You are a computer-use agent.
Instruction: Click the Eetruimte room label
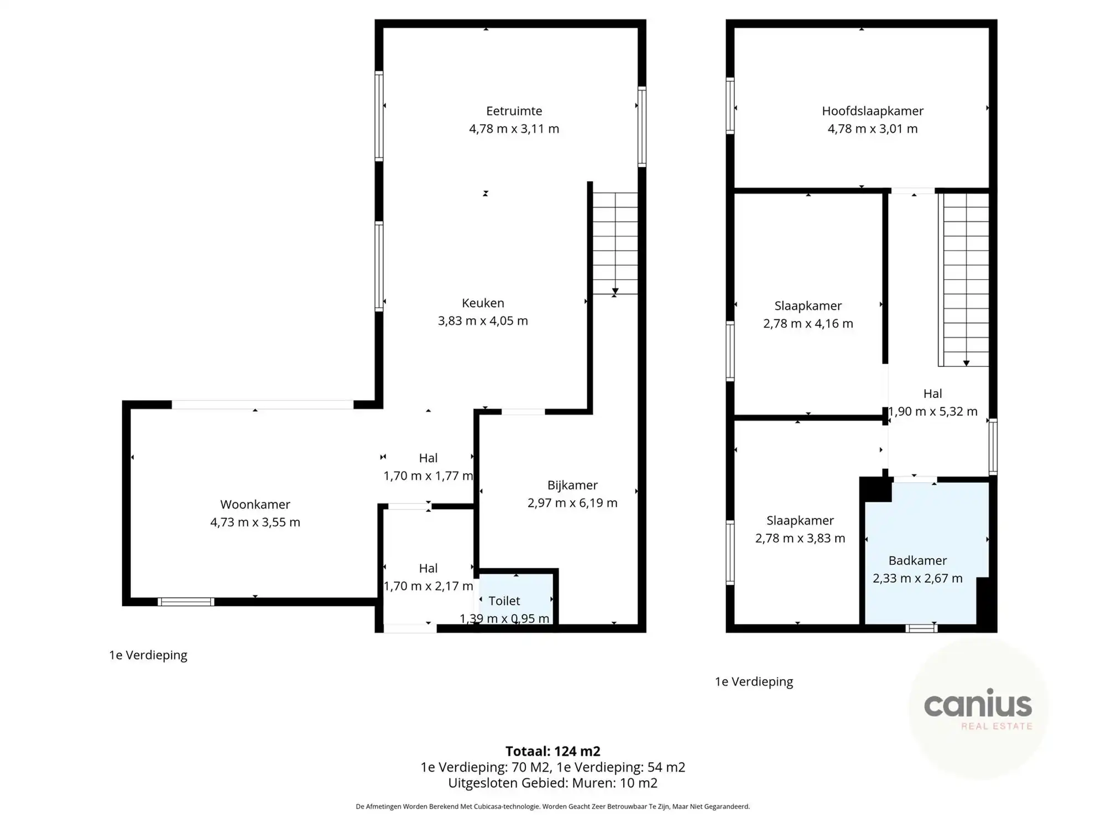coord(514,111)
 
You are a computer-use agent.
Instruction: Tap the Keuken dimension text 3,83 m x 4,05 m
coord(483,321)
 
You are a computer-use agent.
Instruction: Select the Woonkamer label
coord(255,505)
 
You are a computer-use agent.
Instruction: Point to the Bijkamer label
coord(572,485)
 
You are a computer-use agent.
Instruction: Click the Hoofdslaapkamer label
coord(872,111)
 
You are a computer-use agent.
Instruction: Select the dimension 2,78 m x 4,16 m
coord(808,324)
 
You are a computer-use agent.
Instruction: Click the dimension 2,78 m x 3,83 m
coord(800,538)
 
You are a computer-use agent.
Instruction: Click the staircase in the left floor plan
coord(615,243)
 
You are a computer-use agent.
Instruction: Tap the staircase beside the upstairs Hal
coord(966,279)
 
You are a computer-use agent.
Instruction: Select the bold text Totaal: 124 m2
coord(552,751)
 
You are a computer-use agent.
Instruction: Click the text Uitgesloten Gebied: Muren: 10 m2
coord(552,783)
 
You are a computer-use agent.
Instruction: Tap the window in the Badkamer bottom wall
coord(921,628)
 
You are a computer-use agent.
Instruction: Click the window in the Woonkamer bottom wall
coord(186,602)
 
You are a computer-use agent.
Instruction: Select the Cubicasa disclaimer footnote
coord(552,807)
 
